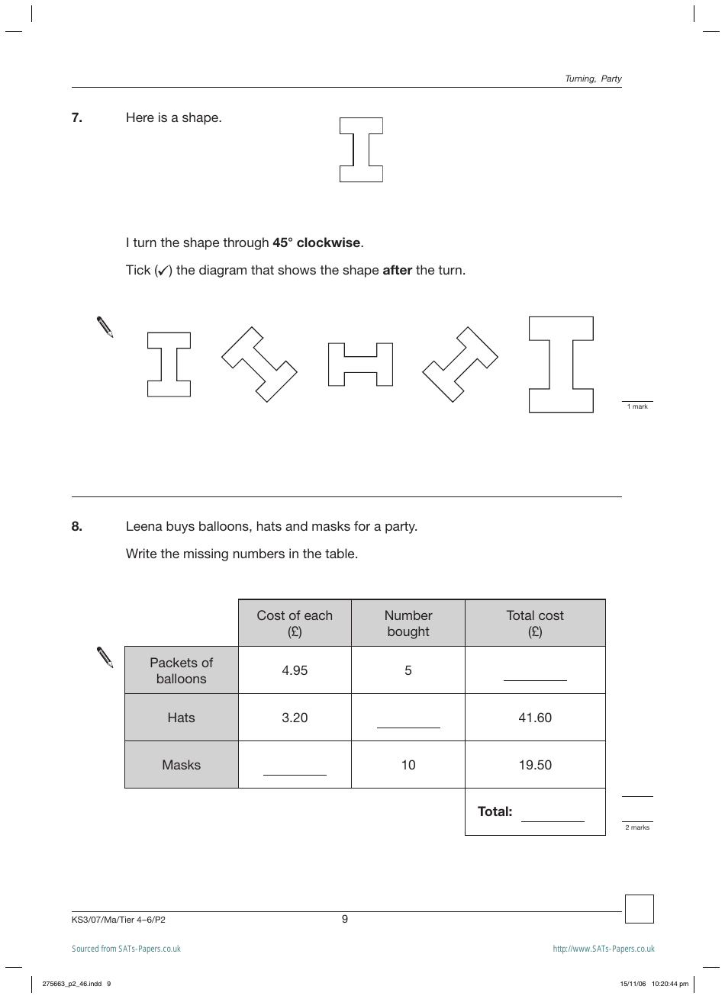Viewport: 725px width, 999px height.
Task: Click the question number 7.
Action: (76, 117)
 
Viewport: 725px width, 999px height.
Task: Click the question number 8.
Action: (76, 526)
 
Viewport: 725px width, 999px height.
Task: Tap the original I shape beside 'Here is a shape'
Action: (361, 150)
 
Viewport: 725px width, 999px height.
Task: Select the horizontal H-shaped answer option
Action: (360, 365)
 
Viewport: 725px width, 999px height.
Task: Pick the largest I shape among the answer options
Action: (561, 365)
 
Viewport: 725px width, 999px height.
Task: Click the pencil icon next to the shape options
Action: (105, 326)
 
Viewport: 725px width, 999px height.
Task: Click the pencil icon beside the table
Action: (105, 657)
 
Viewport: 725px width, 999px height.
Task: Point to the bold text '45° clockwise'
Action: (317, 243)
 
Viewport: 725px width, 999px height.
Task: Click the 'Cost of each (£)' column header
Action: (295, 623)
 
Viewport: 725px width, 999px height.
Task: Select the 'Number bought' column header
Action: (408, 623)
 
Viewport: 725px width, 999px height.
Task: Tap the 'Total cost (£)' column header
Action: (535, 623)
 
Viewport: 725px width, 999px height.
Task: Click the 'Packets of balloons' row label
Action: (182, 670)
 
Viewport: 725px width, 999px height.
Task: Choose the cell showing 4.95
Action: (295, 670)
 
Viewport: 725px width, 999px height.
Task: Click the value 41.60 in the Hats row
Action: (535, 718)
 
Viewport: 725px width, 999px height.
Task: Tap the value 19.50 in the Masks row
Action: (535, 765)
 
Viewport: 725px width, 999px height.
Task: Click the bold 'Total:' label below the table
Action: (495, 811)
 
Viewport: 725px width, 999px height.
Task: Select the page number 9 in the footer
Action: (345, 919)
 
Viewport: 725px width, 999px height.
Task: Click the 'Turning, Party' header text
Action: (593, 79)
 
